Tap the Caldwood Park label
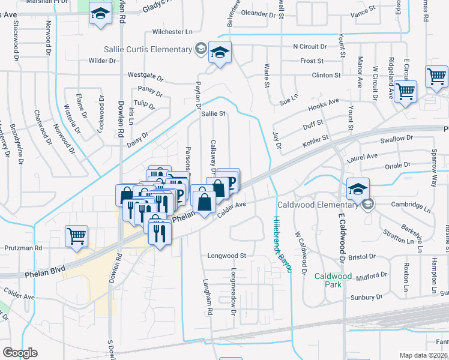(328, 280)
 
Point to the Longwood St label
(227, 256)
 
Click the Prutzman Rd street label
(23, 247)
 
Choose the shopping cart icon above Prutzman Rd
(76, 236)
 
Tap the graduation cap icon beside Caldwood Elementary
(358, 189)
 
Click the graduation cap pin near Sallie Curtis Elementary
(220, 53)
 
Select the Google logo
(20, 353)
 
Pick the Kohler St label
(316, 138)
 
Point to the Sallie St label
(213, 113)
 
